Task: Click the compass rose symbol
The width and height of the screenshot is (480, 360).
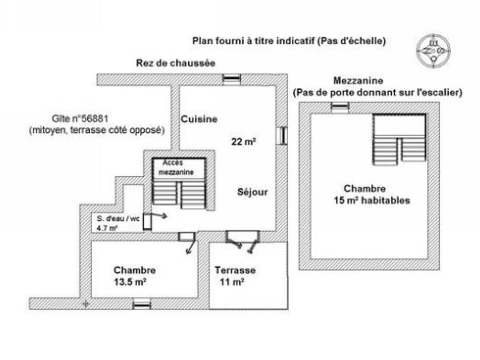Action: click(x=433, y=50)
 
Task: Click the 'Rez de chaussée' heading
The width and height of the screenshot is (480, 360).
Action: click(x=176, y=63)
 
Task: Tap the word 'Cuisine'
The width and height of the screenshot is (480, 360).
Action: click(x=199, y=119)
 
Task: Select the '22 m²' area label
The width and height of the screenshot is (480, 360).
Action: click(x=244, y=141)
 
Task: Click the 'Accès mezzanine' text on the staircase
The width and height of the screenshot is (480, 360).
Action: click(x=176, y=168)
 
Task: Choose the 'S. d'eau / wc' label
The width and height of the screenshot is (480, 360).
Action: click(x=118, y=219)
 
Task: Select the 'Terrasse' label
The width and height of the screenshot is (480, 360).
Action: click(x=235, y=270)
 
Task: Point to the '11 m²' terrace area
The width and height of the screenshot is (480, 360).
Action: click(x=232, y=282)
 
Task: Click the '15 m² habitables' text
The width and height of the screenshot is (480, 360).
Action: click(x=372, y=200)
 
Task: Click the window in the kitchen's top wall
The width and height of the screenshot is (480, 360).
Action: click(x=232, y=79)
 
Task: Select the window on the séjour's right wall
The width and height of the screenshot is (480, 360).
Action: click(x=282, y=135)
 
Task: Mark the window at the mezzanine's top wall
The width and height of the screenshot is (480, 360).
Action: click(x=340, y=107)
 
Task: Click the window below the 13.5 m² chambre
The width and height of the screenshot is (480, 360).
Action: click(x=142, y=304)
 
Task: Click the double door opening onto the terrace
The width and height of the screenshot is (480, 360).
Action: click(x=242, y=237)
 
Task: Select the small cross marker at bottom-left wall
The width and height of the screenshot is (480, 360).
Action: click(x=85, y=304)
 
